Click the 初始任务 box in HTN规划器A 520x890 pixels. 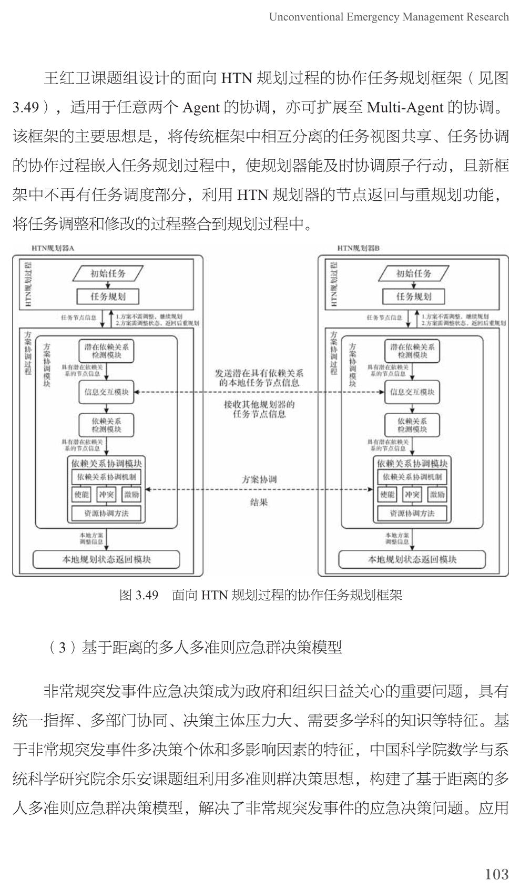pyautogui.click(x=108, y=273)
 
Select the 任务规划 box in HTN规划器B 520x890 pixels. pyautogui.click(x=414, y=296)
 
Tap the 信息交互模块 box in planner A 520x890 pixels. pyautogui.click(x=107, y=392)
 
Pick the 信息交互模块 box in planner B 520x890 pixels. pyautogui.click(x=412, y=392)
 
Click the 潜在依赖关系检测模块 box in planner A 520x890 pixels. pyautogui.click(x=107, y=351)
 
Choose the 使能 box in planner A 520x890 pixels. pyautogui.click(x=81, y=494)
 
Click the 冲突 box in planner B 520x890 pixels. pyautogui.click(x=412, y=494)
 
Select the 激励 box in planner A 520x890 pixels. pyautogui.click(x=131, y=494)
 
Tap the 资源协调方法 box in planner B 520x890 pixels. pyautogui.click(x=412, y=514)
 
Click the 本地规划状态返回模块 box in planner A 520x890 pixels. pyautogui.click(x=107, y=559)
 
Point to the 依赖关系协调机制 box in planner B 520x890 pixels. pyautogui.click(x=412, y=477)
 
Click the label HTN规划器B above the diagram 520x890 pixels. pyautogui.click(x=359, y=248)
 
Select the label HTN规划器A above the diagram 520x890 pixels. pyautogui.click(x=53, y=248)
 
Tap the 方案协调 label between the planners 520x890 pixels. pyautogui.click(x=259, y=479)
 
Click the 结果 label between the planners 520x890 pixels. pyautogui.click(x=259, y=503)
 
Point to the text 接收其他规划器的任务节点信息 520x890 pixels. pyautogui.click(x=259, y=409)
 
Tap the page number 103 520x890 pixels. pyautogui.click(x=496, y=874)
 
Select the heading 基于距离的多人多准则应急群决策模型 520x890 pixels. pyautogui.click(x=211, y=647)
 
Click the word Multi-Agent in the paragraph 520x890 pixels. pyautogui.click(x=405, y=108)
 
